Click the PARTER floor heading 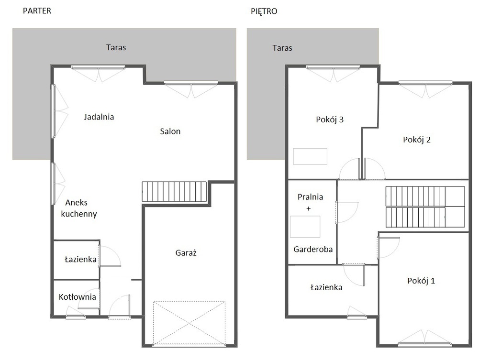tap(37, 11)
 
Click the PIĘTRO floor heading tap(264, 11)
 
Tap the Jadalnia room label tap(99, 117)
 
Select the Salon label tap(170, 131)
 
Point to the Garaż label tap(186, 252)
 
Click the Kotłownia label tap(77, 297)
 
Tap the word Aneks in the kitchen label tap(76, 203)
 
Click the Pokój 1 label tap(421, 281)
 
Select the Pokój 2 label tap(417, 140)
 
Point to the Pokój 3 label tap(330, 120)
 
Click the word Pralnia tap(310, 197)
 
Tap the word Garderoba tap(313, 250)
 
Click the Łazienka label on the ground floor tap(80, 259)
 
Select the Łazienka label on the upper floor tap(326, 287)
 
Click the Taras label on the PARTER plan tap(116, 47)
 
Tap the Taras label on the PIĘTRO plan tap(282, 48)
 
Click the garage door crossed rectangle tap(189, 324)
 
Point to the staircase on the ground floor tap(174, 191)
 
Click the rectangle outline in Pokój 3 tap(310, 156)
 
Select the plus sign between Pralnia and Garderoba tap(309, 208)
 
